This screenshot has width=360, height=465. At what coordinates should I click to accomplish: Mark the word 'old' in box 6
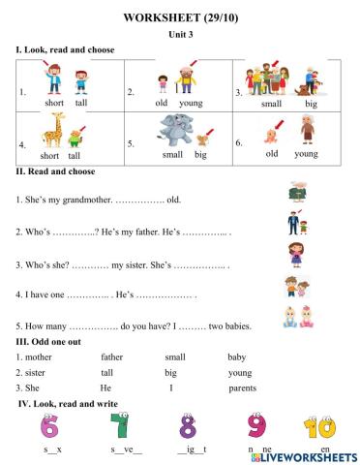pos(272,152)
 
